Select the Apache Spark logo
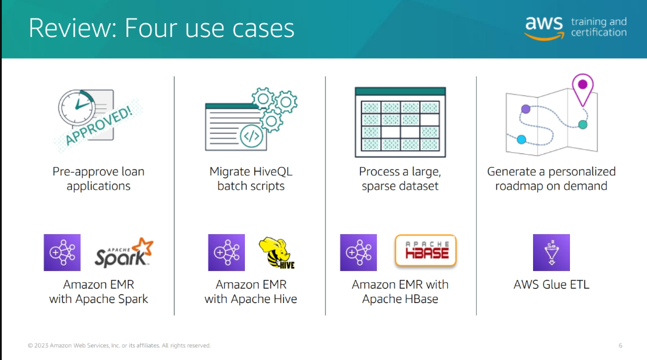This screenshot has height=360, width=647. pos(124,252)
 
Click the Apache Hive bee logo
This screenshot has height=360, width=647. pos(277,253)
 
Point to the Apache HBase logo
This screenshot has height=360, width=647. pos(426,252)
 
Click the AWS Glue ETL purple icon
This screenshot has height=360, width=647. pos(551,252)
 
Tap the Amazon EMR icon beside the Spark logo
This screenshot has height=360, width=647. pos(62,252)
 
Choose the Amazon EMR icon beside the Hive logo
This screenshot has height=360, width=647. pos(226,252)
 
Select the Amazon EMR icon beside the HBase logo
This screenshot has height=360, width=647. pos(358,252)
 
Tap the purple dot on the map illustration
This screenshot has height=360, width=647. pos(525,109)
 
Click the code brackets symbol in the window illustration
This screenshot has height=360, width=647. pos(251,135)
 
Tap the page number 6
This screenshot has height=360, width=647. pos(620,346)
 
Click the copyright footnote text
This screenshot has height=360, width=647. pos(119,346)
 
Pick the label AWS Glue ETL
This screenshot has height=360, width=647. pos(551,284)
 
